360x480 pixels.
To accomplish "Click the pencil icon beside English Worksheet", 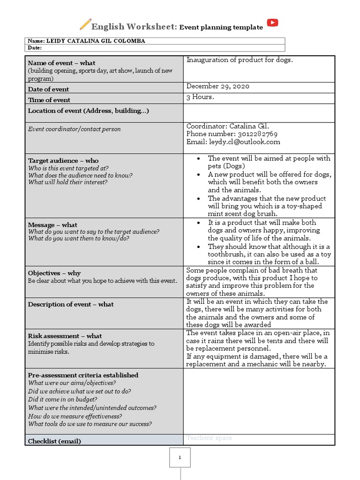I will point(85,24).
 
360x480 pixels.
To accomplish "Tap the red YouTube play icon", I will point(272,23).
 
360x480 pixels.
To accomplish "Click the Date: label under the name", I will point(35,48).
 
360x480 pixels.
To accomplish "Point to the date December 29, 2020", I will point(218,86).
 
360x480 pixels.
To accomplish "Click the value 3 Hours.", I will point(200,97).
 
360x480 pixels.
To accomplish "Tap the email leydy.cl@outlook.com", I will point(244,142).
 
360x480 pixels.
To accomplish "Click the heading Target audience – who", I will point(63,161).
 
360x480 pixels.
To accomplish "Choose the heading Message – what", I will point(52,225).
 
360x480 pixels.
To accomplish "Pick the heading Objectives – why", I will point(54,273).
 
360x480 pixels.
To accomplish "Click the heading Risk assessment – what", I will point(65,336).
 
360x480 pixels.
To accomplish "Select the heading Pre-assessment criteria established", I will point(83,375).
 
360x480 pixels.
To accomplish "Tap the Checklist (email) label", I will point(54,441).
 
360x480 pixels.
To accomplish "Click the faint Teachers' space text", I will point(209,438).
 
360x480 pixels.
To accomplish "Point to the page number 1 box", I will point(180,458).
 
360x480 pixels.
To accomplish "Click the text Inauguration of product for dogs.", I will point(239,60).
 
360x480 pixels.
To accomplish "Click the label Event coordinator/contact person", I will point(74,129).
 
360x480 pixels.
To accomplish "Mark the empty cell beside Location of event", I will point(259,113).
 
